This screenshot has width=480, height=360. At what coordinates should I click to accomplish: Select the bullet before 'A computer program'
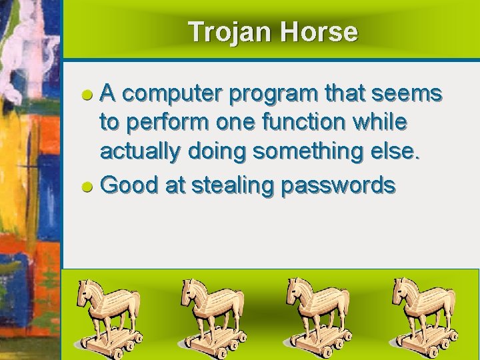87,95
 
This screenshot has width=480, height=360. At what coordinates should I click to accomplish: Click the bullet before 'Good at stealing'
87,186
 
